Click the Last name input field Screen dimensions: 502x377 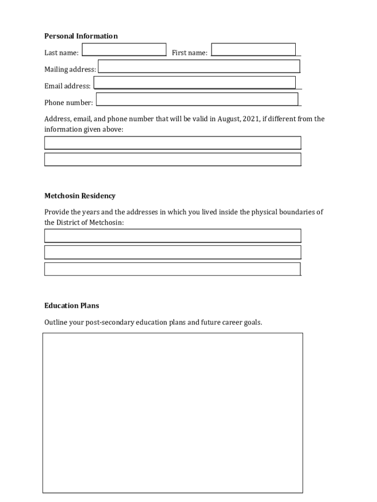coord(124,50)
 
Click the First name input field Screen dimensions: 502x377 coord(254,50)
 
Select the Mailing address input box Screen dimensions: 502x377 coord(199,66)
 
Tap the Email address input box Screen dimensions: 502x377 coord(194,82)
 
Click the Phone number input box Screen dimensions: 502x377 coord(197,99)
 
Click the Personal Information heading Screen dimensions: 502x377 coord(81,36)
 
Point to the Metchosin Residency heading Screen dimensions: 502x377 coord(80,196)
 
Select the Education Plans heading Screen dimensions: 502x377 coord(71,305)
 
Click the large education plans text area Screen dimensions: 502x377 coord(172,413)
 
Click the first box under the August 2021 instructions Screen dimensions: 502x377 coord(172,143)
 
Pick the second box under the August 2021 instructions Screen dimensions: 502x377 coord(172,159)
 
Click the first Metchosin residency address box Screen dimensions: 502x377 coord(172,236)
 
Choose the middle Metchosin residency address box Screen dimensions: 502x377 coord(172,252)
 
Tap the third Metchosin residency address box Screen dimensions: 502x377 coord(172,269)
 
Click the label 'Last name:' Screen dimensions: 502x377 coord(61,53)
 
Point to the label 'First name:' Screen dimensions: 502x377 coord(189,53)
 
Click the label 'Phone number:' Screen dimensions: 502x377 coord(69,103)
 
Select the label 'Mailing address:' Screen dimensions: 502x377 coord(70,70)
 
